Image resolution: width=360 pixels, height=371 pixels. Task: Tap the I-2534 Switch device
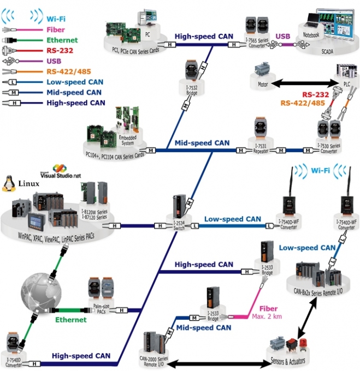click(180, 208)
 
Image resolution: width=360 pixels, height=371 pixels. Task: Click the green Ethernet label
click(72, 319)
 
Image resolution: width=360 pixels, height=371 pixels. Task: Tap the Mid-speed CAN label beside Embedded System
click(202, 143)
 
